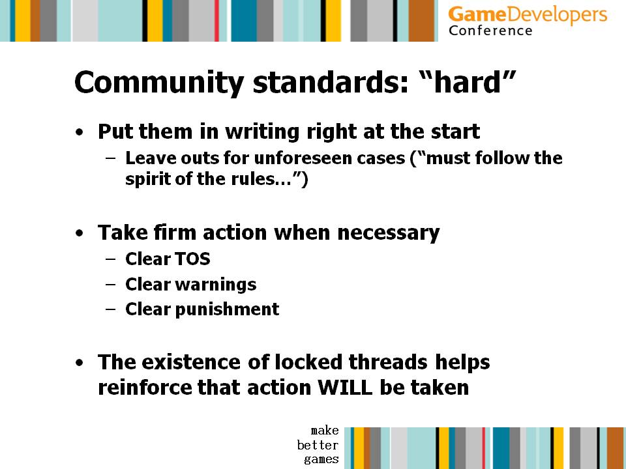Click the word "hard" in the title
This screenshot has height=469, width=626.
point(467,82)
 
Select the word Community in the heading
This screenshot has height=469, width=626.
point(159,83)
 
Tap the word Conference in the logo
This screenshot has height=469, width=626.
point(490,31)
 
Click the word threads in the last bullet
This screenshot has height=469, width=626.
point(388,362)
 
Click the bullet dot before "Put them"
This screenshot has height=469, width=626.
point(80,132)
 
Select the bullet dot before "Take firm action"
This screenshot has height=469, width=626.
point(80,233)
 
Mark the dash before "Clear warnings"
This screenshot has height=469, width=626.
point(111,285)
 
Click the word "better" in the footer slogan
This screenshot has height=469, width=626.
point(318,445)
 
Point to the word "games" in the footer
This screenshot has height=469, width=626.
point(321,459)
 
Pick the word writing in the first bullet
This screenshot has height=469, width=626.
point(262,132)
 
